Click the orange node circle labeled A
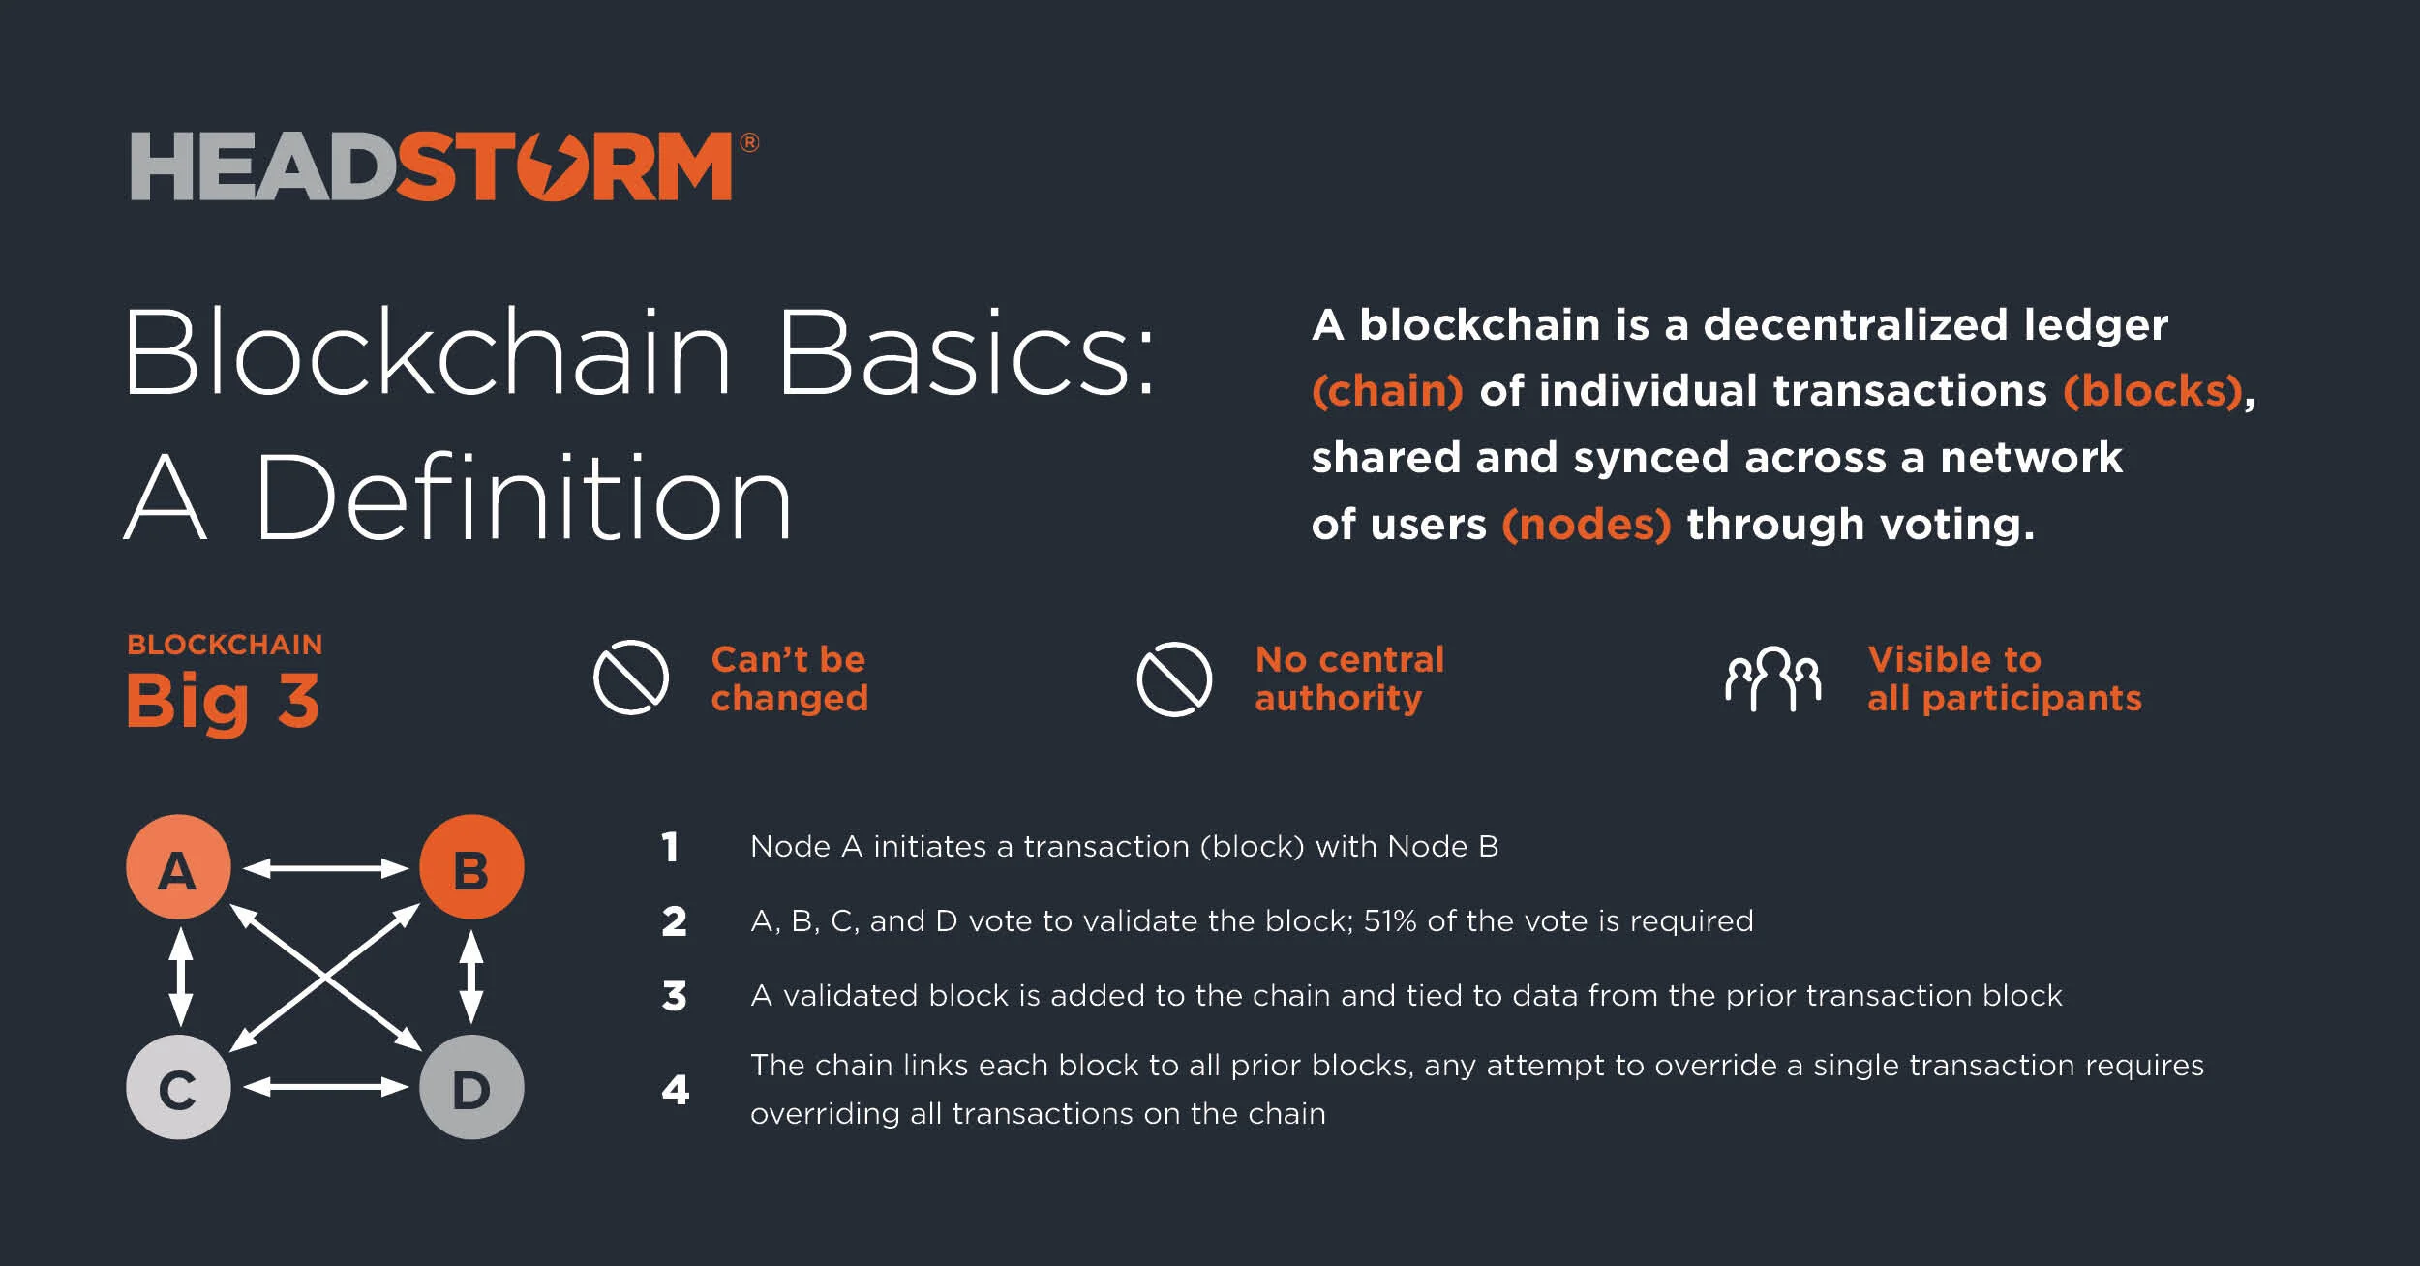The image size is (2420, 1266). click(x=178, y=867)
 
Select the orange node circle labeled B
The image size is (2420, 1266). click(x=471, y=867)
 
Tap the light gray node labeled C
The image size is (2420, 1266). click(x=178, y=1087)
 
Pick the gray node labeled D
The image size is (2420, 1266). click(x=471, y=1087)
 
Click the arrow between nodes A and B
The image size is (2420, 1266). click(x=325, y=868)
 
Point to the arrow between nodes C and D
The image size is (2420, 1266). click(x=325, y=1087)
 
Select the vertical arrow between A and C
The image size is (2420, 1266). click(x=180, y=977)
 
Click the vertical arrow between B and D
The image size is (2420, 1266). click(x=471, y=977)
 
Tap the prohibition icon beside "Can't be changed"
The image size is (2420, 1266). click(x=631, y=678)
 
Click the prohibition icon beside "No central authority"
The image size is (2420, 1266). click(x=1174, y=679)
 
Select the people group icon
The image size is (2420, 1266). click(x=1772, y=678)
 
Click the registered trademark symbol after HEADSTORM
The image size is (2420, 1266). click(x=749, y=143)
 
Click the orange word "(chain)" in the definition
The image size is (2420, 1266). click(x=1387, y=391)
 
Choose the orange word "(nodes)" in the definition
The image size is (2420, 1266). click(x=1587, y=525)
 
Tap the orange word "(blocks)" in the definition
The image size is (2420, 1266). click(x=2153, y=391)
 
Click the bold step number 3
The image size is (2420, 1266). click(x=675, y=996)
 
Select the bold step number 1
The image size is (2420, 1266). click(x=670, y=848)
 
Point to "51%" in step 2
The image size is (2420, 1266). click(x=1390, y=920)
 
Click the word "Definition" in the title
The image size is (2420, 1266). click(x=524, y=499)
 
